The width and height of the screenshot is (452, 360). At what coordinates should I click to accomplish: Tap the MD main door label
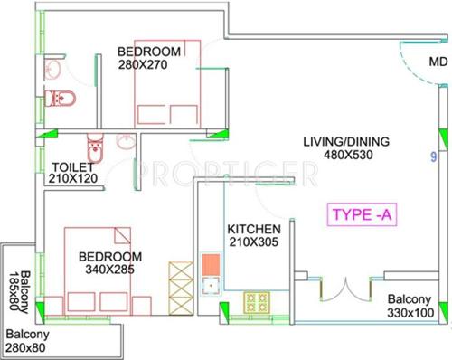tap(438, 62)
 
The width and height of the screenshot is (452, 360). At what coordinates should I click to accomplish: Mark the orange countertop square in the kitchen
tap(212, 263)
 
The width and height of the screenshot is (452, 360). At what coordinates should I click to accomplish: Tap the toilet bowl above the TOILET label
tap(95, 147)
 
